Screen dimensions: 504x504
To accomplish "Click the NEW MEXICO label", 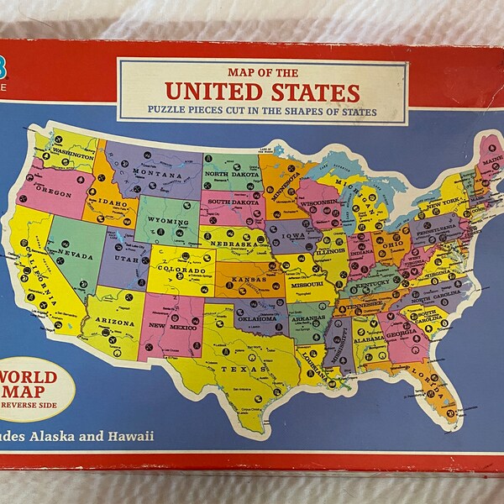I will [173, 325].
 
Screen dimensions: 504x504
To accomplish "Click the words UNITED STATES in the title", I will [261, 91].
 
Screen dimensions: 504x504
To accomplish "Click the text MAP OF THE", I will [261, 71].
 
